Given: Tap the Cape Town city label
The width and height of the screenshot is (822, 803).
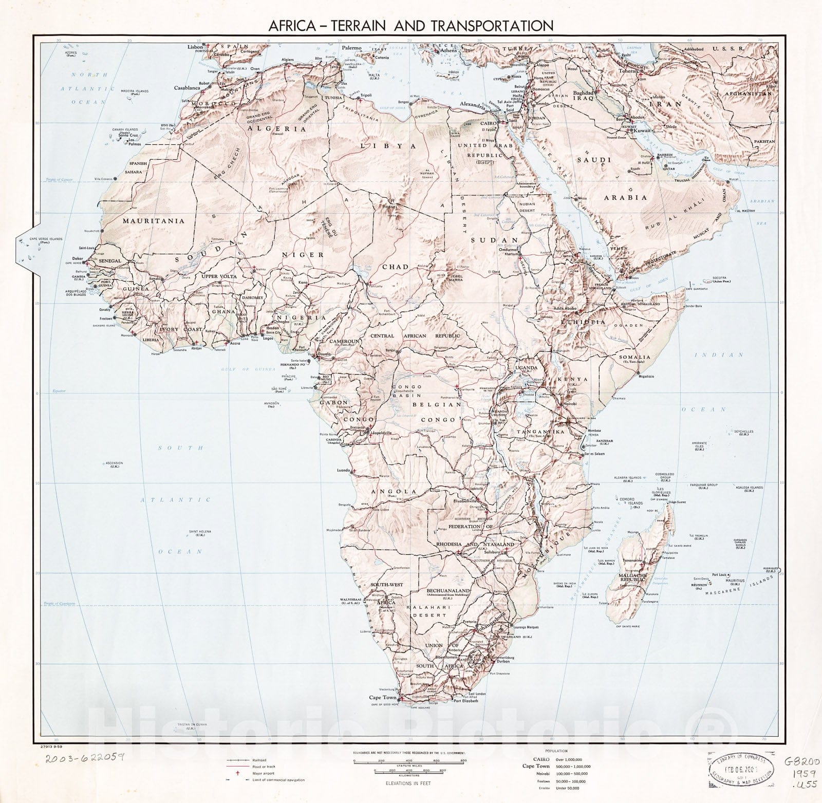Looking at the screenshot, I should point(383,698).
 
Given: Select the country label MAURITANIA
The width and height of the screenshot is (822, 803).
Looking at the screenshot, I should point(153,221).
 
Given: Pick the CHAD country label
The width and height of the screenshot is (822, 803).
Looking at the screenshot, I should point(395,267).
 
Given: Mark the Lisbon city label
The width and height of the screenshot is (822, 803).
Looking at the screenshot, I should point(196,47).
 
